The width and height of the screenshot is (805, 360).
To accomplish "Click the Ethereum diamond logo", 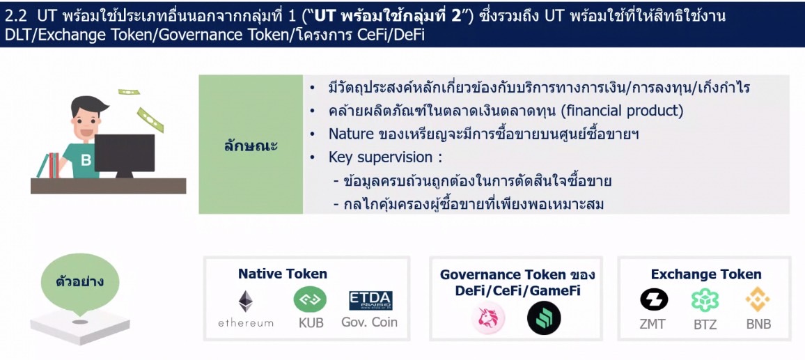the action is tap(246, 302).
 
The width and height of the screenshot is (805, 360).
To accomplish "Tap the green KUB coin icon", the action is tap(310, 300).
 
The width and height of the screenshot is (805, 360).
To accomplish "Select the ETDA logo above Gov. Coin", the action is tap(370, 300).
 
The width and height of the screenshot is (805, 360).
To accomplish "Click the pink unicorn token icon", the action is tap(488, 318).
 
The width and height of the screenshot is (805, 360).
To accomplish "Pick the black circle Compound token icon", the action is tap(544, 318).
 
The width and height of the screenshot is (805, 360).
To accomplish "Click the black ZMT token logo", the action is tap(654, 299).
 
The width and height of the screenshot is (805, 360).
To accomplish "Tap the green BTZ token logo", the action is tap(705, 300).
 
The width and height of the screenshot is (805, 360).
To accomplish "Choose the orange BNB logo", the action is tap(758, 299).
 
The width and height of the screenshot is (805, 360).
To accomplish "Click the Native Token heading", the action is tap(282, 274).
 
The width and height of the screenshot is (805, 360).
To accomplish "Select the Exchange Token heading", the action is tap(706, 274).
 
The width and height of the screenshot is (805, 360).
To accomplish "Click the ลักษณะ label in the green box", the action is tap(251, 146).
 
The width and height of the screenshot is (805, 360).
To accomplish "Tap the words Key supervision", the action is tap(380, 157).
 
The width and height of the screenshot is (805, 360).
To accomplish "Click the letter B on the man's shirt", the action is tap(86, 161).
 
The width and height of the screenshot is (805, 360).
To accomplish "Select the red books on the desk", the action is tap(54, 165).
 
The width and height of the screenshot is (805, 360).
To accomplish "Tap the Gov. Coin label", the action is tap(370, 322).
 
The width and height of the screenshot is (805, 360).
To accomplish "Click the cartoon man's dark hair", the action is tap(89, 104).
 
